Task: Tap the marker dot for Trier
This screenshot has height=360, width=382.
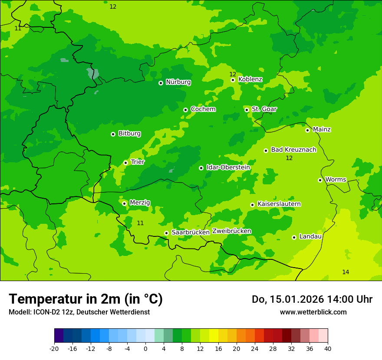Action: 125,163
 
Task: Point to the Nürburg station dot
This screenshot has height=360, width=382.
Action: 161,82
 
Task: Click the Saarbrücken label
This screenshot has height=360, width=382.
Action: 190,232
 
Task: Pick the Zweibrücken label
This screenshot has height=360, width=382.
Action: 231,231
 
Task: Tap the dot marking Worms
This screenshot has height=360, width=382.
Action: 320,180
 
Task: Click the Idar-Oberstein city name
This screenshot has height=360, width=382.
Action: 228,167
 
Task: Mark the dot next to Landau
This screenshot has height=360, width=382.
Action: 294,237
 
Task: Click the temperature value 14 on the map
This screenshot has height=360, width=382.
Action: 346,272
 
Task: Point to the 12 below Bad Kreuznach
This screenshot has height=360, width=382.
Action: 289,158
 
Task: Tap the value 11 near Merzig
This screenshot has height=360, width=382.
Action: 140,223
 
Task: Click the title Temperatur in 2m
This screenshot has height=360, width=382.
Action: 86,299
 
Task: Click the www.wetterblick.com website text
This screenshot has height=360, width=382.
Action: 313,312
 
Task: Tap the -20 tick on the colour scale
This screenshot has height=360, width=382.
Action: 54,348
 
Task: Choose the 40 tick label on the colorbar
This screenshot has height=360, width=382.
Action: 328,348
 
